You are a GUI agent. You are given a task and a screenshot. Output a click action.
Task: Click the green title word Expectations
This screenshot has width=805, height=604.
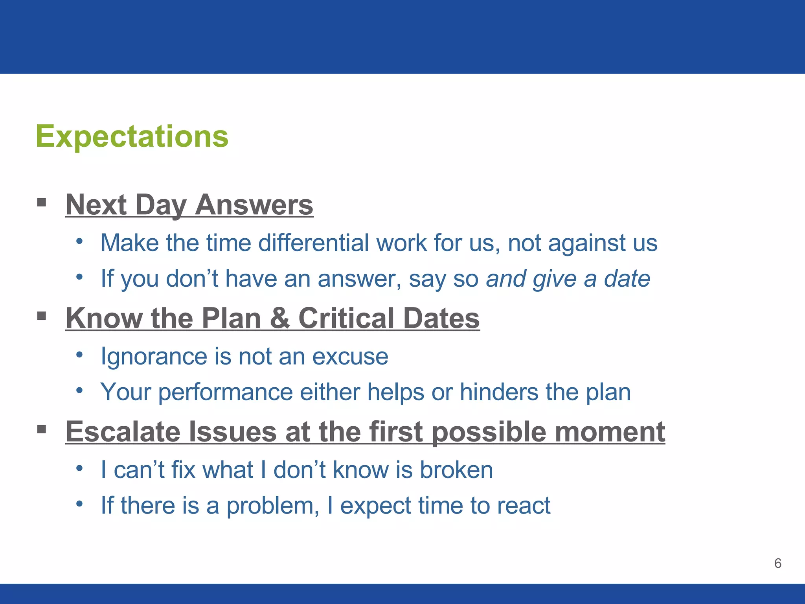point(132,136)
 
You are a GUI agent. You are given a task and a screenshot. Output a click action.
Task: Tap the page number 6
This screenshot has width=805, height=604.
point(777,563)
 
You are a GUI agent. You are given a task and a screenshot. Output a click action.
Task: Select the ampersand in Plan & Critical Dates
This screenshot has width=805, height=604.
point(279,318)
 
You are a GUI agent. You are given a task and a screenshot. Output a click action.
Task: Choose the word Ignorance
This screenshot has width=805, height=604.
point(154,356)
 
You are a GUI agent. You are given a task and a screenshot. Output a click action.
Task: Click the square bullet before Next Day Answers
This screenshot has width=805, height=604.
point(42,203)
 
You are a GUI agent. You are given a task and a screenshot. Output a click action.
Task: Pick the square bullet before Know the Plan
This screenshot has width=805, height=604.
point(42,316)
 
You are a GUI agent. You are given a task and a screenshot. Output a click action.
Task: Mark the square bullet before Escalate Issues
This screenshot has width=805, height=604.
point(42,429)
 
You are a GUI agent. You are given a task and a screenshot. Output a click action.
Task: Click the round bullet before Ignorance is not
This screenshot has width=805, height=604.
point(79,355)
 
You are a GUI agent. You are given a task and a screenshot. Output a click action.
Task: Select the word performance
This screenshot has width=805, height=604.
point(225,392)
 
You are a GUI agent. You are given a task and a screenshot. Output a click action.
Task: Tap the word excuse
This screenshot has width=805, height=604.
point(350,356)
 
